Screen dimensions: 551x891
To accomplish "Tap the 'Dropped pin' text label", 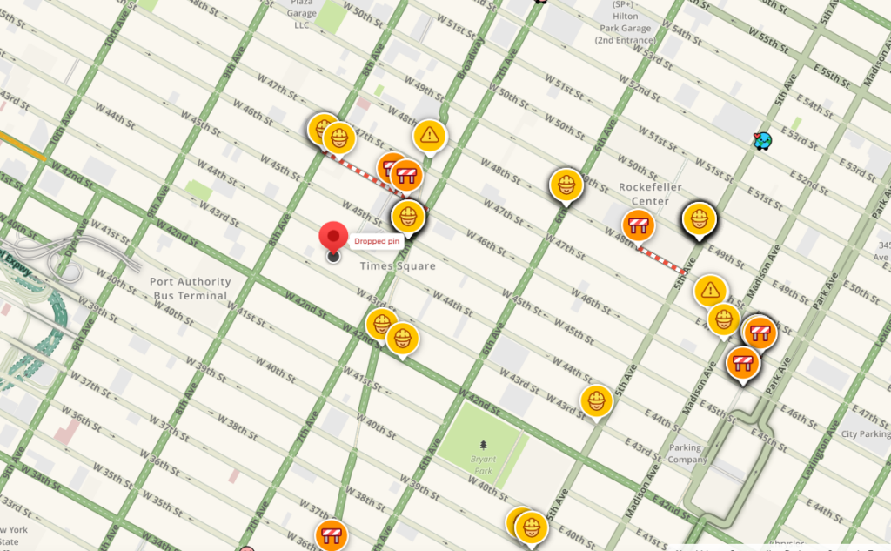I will (x=376, y=241).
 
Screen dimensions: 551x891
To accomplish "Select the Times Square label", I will (x=398, y=265).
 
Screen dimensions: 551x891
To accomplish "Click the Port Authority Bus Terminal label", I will (x=190, y=288).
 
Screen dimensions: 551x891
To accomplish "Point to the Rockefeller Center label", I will (x=650, y=194).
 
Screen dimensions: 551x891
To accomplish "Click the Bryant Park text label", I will (x=483, y=464).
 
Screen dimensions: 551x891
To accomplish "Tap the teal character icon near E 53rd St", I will (x=763, y=139).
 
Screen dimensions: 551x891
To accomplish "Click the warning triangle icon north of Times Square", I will (x=429, y=135).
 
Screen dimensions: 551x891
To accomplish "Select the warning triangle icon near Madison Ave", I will (x=711, y=289).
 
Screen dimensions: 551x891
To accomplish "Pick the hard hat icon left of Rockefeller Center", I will (x=566, y=185).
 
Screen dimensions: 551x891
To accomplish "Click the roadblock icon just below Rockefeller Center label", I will (x=640, y=225).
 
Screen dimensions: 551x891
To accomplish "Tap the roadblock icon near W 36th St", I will (x=332, y=534).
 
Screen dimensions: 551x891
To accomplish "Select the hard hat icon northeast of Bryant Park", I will (x=596, y=400).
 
